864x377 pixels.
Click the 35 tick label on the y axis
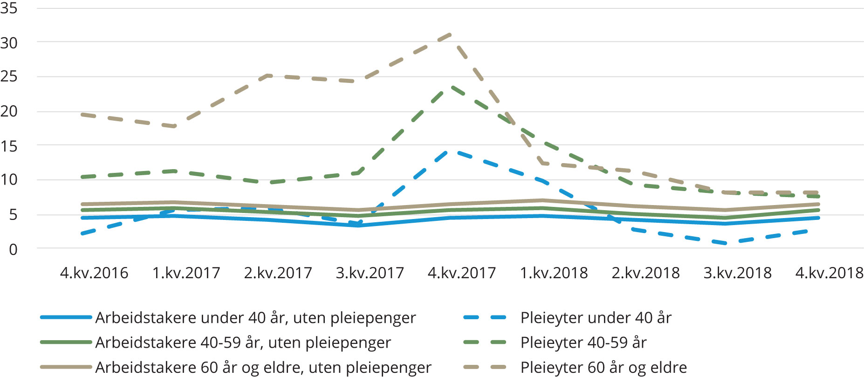pyautogui.click(x=9, y=8)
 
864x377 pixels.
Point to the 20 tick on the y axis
pyautogui.click(x=9, y=111)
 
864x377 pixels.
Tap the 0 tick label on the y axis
pyautogui.click(x=13, y=250)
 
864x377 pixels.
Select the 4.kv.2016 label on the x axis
pyautogui.click(x=94, y=273)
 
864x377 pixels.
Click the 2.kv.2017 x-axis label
pyautogui.click(x=278, y=273)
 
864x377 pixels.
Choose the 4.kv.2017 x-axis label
pyautogui.click(x=462, y=273)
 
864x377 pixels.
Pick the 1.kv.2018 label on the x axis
pyautogui.click(x=554, y=273)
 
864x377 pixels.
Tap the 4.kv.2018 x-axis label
pyautogui.click(x=830, y=273)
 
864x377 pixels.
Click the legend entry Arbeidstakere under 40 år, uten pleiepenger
pyautogui.click(x=255, y=318)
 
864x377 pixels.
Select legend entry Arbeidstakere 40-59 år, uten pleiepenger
pyautogui.click(x=243, y=343)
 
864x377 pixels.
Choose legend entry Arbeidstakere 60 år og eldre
pyautogui.click(x=263, y=367)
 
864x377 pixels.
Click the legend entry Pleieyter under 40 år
pyautogui.click(x=596, y=318)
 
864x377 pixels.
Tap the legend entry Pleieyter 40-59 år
pyautogui.click(x=583, y=343)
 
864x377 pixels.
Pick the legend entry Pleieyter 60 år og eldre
pyautogui.click(x=603, y=367)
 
